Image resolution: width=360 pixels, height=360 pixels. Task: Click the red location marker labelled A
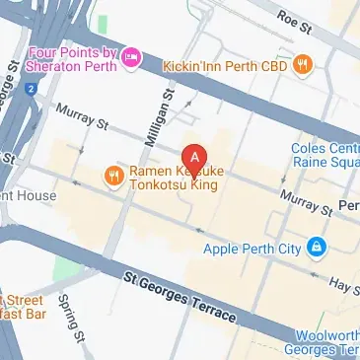[195, 157]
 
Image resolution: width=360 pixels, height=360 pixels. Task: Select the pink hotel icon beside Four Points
[130, 64]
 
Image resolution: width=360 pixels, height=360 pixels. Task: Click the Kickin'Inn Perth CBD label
[233, 65]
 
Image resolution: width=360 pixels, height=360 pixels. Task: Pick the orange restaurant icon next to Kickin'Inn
[305, 65]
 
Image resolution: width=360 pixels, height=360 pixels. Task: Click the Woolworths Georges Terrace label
[321, 342]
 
